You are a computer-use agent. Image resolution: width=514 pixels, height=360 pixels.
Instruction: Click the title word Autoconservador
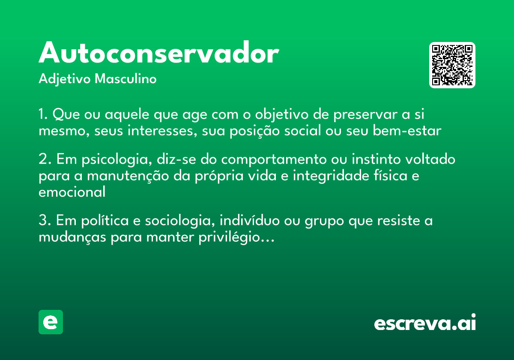click(x=159, y=54)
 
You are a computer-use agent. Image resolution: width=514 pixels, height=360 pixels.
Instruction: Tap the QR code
click(x=452, y=65)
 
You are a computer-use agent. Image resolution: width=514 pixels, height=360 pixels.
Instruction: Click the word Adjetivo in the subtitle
click(x=65, y=80)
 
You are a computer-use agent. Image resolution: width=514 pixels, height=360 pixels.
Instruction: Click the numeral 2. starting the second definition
click(x=45, y=159)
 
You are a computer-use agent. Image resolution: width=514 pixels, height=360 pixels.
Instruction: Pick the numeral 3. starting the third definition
click(x=45, y=221)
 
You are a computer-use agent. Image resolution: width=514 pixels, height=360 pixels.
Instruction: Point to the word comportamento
click(x=273, y=160)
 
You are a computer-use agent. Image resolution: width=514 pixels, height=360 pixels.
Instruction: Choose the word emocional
click(x=72, y=192)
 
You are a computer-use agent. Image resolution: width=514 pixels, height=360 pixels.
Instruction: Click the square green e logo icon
click(x=51, y=322)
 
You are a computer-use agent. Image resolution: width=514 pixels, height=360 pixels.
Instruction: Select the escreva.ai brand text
click(x=425, y=323)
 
